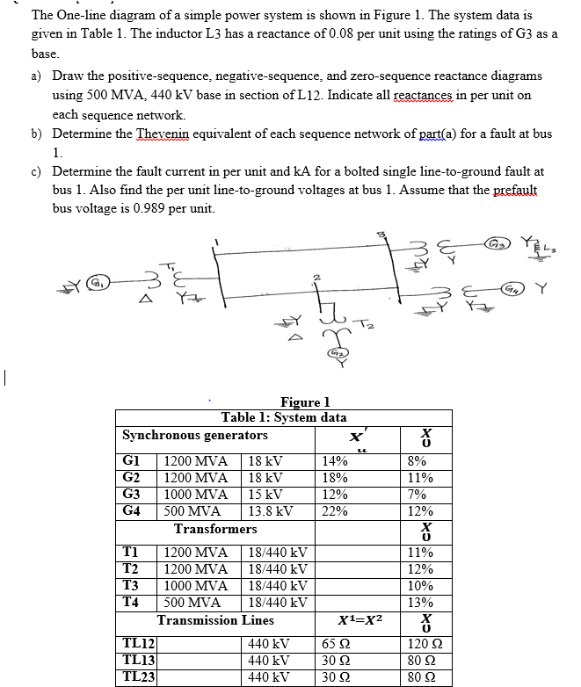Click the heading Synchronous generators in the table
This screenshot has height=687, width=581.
[195, 436]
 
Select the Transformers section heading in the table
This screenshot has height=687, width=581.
[215, 529]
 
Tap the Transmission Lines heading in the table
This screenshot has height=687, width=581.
[216, 620]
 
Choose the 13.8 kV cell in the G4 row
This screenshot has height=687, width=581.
[269, 510]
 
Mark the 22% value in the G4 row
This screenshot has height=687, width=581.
[335, 510]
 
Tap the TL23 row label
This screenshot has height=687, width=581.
[138, 676]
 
